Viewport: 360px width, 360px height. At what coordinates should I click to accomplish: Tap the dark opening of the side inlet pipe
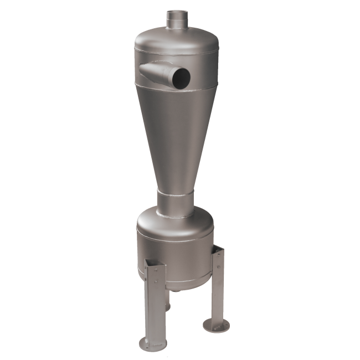(x=180, y=78)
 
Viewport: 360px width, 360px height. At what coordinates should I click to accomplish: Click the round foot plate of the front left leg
(x=152, y=343)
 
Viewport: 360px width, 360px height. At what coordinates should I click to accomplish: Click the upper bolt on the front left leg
(x=156, y=272)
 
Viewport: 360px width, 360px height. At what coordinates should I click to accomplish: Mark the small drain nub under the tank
(x=176, y=289)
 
